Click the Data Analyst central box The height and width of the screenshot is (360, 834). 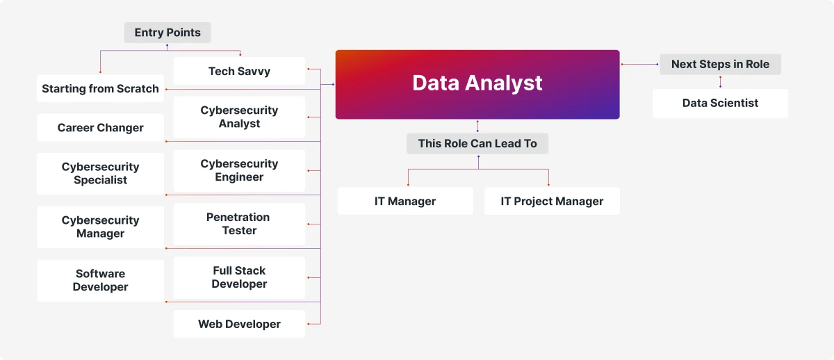tap(477, 85)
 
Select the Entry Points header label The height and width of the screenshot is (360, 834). tap(167, 33)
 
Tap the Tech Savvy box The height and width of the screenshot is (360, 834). tap(239, 71)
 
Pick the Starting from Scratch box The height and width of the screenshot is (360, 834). tap(101, 88)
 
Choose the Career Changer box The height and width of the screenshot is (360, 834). tap(101, 127)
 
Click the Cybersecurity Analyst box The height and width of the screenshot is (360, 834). tap(239, 117)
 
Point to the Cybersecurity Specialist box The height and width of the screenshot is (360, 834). tap(101, 174)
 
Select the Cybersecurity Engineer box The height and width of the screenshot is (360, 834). tap(239, 170)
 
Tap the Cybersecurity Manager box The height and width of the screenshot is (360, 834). tap(101, 227)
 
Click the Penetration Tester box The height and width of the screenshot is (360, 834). tap(239, 224)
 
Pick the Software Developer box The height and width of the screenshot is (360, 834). tap(101, 280)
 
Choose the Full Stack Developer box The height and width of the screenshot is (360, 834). tap(239, 277)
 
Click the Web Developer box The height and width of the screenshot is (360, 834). tap(239, 324)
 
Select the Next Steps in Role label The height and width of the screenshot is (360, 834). tap(720, 64)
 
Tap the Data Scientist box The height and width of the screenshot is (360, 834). tap(720, 103)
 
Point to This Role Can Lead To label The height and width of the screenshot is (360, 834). tap(477, 143)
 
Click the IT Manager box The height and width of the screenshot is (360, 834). tap(405, 201)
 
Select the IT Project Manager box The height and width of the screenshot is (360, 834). tap(552, 201)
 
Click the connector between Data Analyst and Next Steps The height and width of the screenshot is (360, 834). tap(639, 65)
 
